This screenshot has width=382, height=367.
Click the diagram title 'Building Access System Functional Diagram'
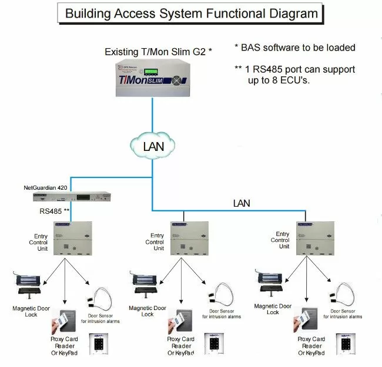192,13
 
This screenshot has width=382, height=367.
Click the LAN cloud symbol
153,146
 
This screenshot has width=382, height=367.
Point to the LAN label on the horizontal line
241,203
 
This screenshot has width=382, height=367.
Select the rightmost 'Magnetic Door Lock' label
273,309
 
